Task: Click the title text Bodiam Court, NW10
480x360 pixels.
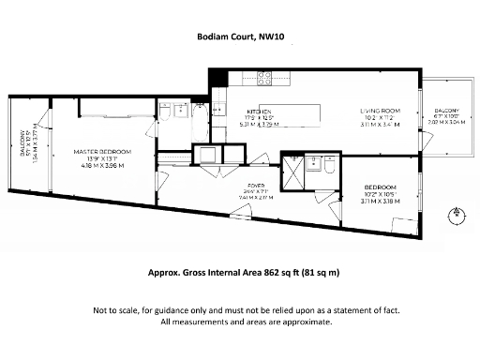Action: pos(239,38)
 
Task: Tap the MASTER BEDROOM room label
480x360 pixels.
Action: pos(102,151)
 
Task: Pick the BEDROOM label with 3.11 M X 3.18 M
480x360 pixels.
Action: pos(381,187)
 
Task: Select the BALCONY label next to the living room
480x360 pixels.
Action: pos(445,111)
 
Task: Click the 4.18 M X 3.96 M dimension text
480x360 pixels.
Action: pos(102,165)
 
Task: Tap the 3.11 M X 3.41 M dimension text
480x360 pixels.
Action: pos(380,123)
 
